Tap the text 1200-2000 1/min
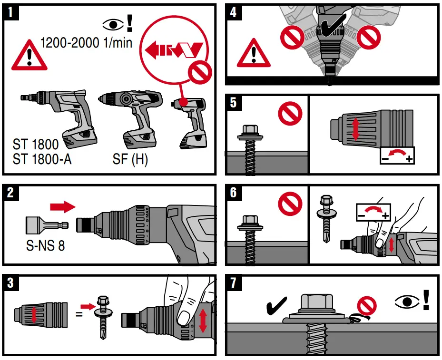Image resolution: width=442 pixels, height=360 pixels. [x=86, y=43]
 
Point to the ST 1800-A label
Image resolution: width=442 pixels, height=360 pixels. [x=42, y=158]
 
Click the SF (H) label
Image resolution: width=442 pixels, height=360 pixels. [x=130, y=158]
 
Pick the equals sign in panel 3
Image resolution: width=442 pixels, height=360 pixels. [x=79, y=314]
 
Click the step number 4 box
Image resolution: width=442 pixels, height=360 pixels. [x=233, y=11]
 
